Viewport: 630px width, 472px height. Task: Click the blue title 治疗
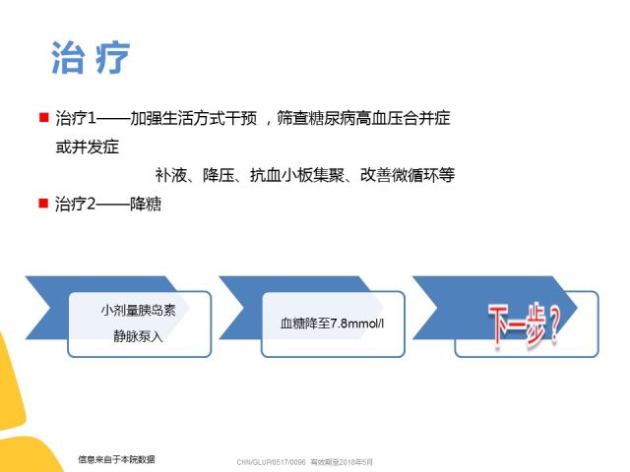pos(91,57)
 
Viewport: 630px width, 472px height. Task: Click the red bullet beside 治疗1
pos(43,117)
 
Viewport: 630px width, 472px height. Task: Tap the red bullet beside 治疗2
pos(43,204)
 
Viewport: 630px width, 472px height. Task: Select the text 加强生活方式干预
pos(194,118)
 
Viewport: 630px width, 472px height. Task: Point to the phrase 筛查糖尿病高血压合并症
pos(363,118)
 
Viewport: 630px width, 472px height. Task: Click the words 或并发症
pos(88,147)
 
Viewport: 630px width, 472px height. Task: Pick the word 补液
pos(170,175)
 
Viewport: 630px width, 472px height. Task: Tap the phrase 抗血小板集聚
pos(297,175)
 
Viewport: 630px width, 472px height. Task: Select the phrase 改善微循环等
pos(408,175)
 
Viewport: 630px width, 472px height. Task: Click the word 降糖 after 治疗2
pos(146,205)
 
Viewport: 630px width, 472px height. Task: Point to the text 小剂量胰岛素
pos(138,311)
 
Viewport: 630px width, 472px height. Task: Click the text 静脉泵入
pos(138,336)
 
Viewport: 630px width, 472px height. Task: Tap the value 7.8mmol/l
pos(356,324)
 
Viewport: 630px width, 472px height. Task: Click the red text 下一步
pos(517,324)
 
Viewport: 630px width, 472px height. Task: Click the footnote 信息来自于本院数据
pos(116,459)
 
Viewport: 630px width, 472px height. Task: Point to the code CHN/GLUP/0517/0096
pos(272,462)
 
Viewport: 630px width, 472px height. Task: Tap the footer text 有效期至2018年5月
pos(342,462)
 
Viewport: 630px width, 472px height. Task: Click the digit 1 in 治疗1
pos(92,118)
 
